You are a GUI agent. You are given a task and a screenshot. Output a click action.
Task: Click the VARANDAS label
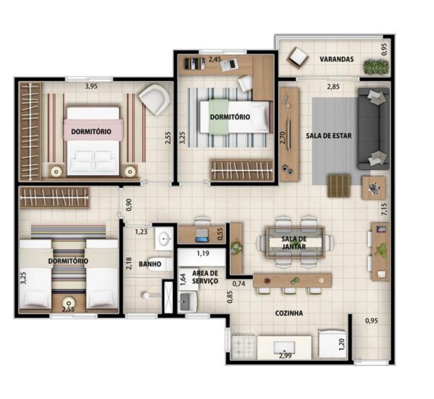[x=337, y=59]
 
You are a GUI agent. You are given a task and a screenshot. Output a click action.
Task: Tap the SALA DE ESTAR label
[x=328, y=136]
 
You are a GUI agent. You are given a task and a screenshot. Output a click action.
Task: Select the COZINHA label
[x=289, y=313]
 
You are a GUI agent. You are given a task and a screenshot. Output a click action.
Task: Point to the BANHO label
[x=150, y=264]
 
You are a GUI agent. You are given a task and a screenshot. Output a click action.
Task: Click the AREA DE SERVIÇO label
[x=205, y=277]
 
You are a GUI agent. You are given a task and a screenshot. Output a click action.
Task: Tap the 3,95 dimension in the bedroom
[x=91, y=86]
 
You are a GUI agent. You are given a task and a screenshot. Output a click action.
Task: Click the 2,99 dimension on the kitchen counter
[x=285, y=356]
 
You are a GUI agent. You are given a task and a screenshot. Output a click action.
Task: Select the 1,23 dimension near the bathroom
[x=141, y=231]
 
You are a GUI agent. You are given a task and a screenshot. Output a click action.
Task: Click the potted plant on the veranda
[x=376, y=67]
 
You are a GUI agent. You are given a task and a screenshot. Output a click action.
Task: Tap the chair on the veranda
[x=298, y=57]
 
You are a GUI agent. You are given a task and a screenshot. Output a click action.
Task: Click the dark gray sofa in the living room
[x=374, y=128]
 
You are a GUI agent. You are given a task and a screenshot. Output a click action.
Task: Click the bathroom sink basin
[x=164, y=238]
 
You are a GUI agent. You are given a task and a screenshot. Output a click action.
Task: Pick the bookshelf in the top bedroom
[x=195, y=63]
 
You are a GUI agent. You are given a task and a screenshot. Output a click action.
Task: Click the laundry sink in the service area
[x=188, y=301]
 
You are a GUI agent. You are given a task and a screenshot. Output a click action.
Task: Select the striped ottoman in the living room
[x=339, y=185]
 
